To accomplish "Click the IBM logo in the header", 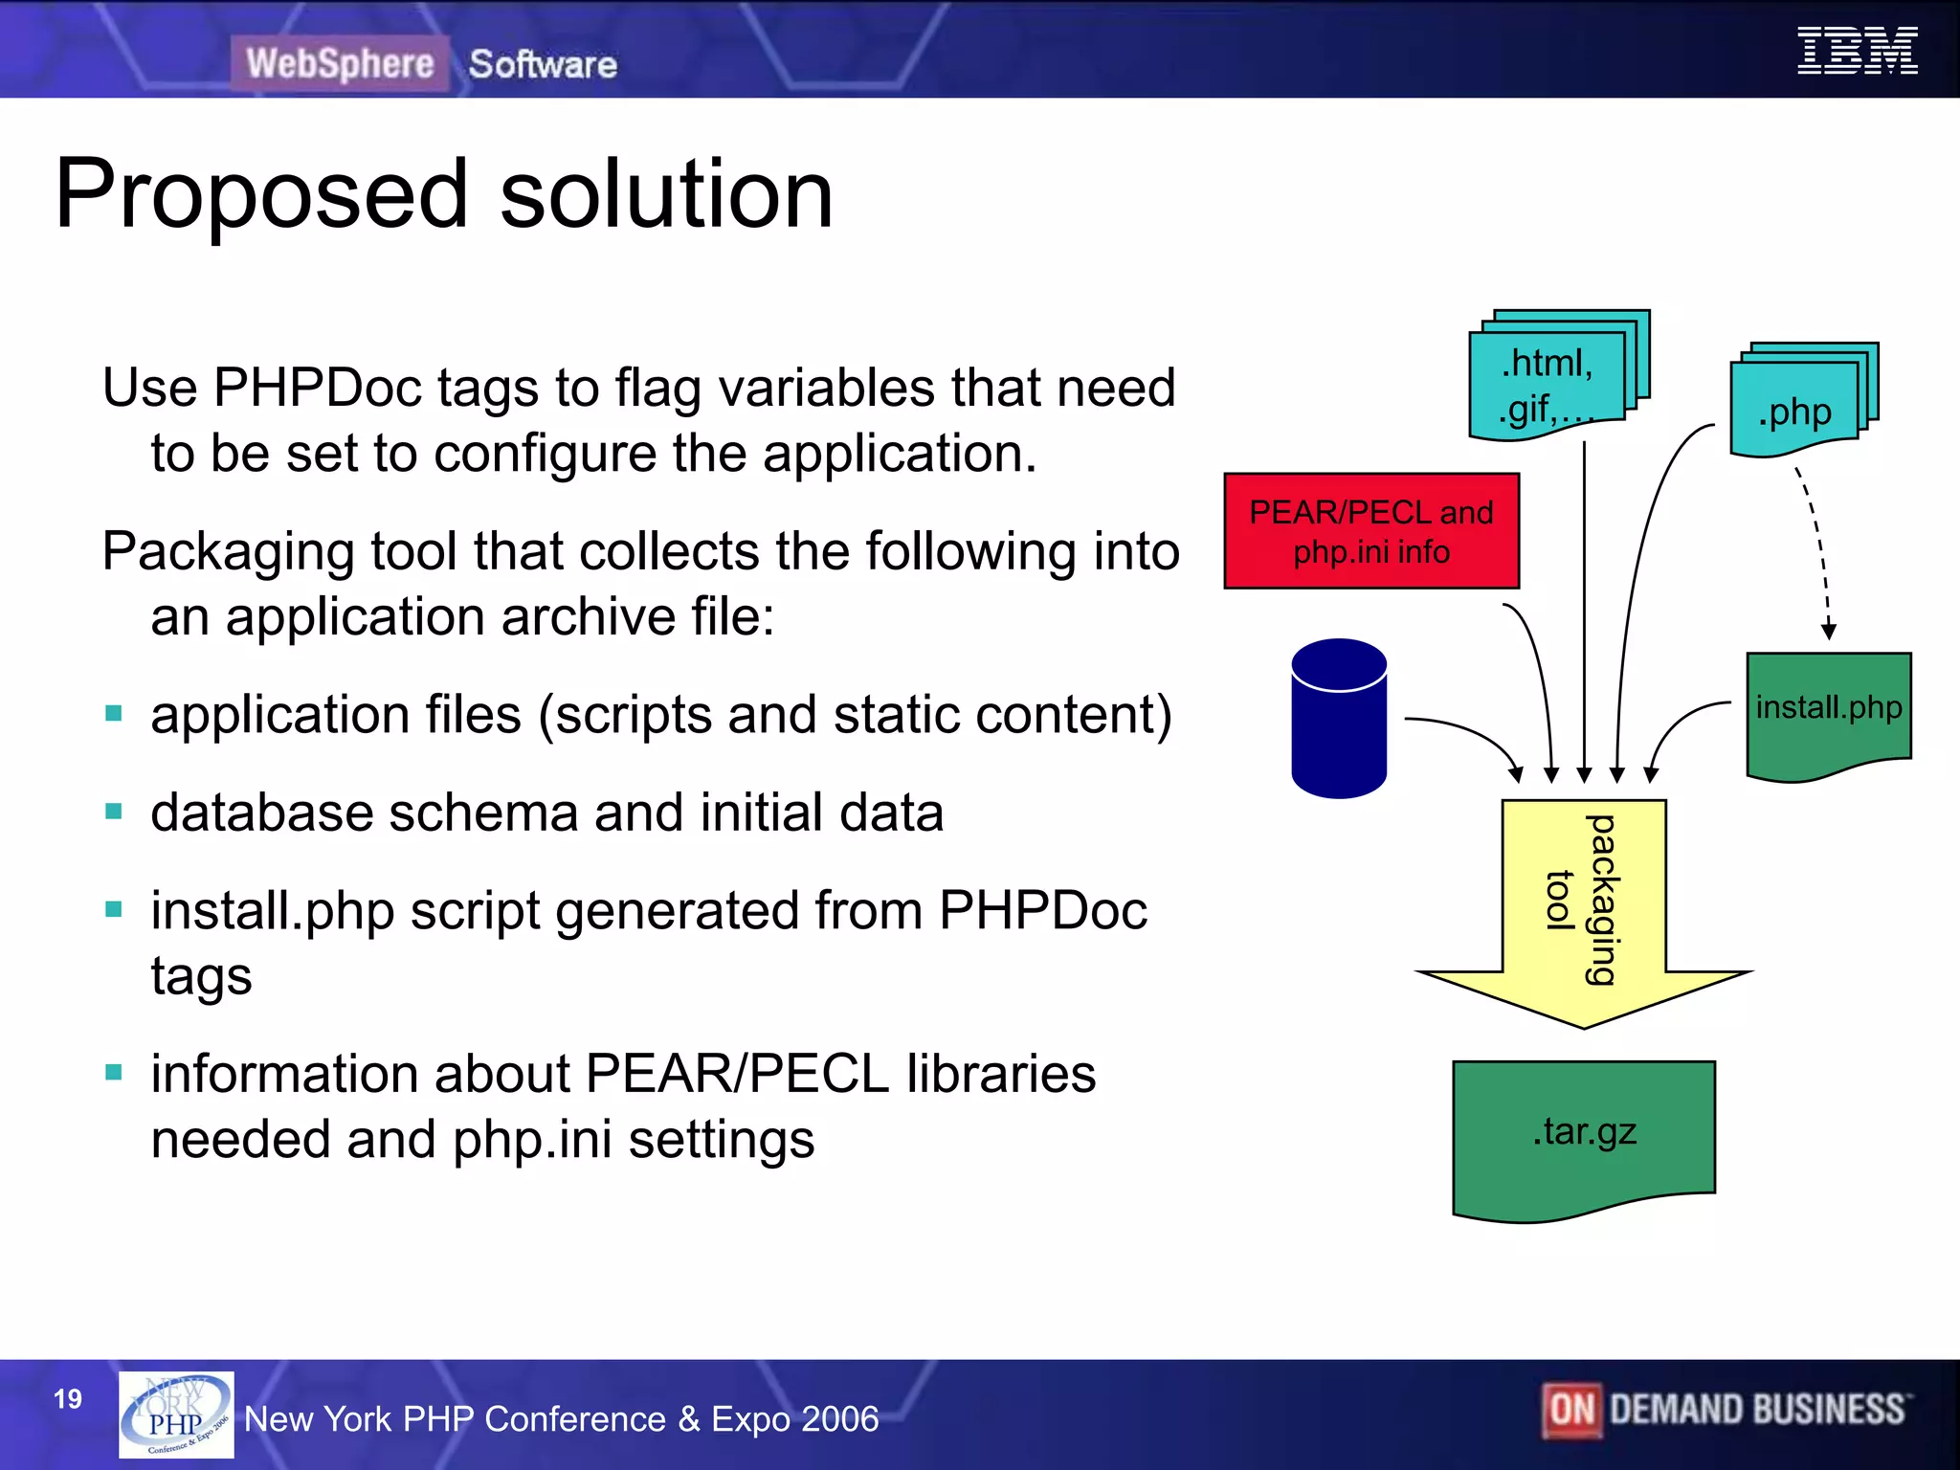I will [1857, 52].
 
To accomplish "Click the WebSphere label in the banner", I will [340, 64].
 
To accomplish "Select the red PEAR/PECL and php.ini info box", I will [1370, 531].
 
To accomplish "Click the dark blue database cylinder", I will [1338, 720].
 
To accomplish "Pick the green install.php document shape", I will [1828, 713].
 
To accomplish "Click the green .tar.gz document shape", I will [1584, 1134].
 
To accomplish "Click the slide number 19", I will [68, 1399].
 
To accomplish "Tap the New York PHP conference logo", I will [176, 1414].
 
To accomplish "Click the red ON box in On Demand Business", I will [1571, 1410].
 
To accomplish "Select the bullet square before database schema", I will [114, 813].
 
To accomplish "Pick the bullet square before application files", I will [114, 714].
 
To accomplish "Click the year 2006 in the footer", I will [840, 1419].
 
